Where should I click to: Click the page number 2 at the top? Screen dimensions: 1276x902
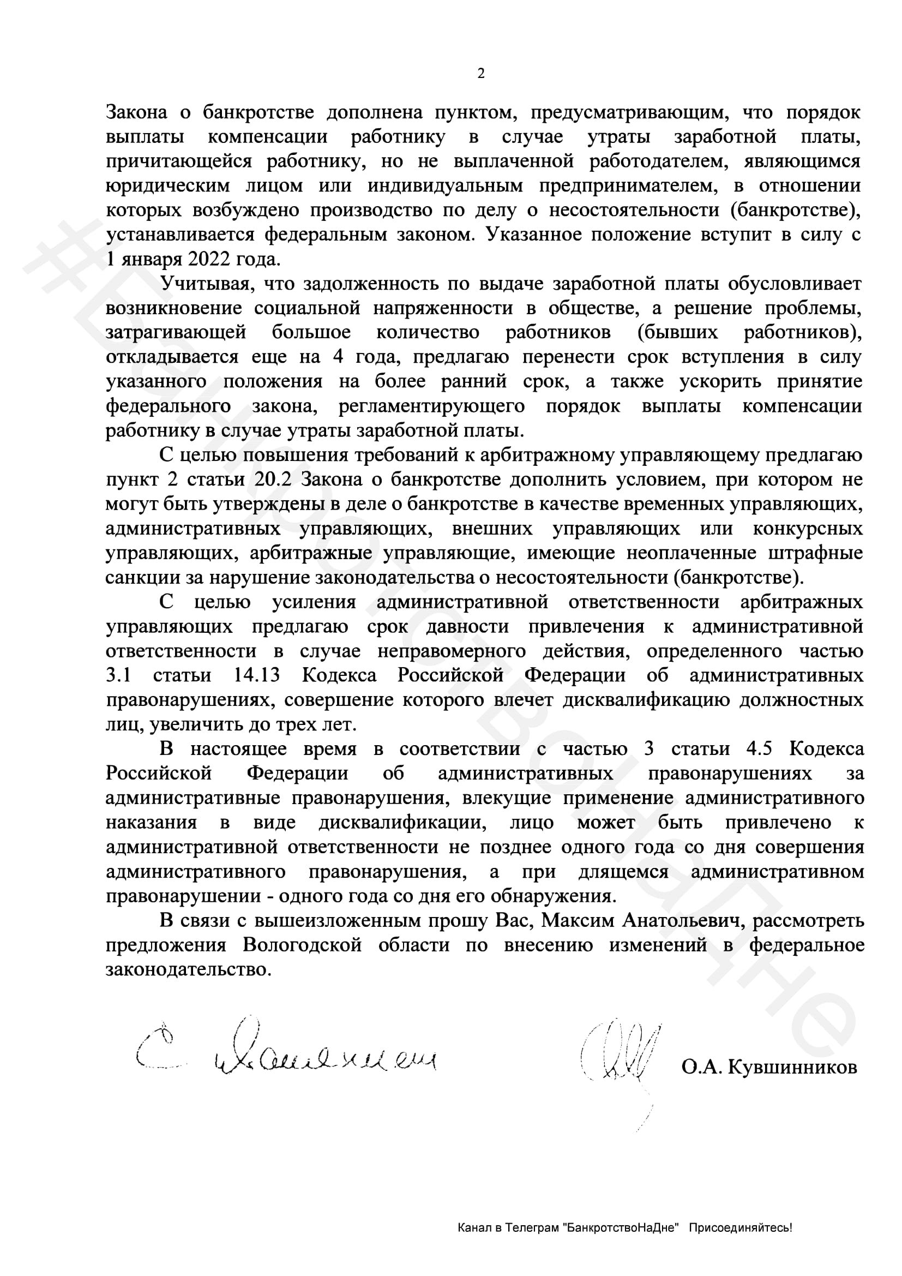(x=480, y=73)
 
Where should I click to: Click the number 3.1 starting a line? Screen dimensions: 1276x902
(x=118, y=675)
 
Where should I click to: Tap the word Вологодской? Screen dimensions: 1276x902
(x=302, y=945)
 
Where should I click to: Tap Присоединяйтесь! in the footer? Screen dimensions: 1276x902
(x=741, y=1228)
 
